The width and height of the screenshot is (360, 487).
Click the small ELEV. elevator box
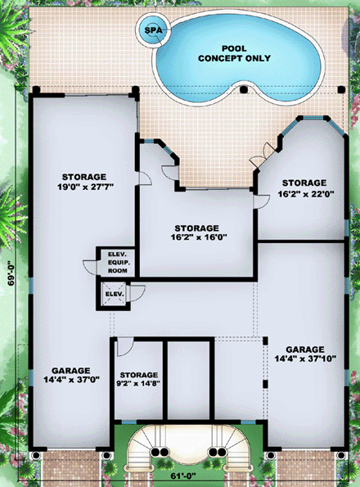[114, 293]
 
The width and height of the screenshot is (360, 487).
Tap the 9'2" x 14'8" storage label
[138, 379]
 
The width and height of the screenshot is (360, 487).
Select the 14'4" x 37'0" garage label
[70, 376]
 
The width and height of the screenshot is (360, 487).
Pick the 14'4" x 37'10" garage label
[304, 354]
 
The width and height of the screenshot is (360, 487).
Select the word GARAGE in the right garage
[304, 348]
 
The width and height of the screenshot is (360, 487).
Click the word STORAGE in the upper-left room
[83, 177]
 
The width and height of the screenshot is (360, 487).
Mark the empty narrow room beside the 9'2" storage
[188, 378]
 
